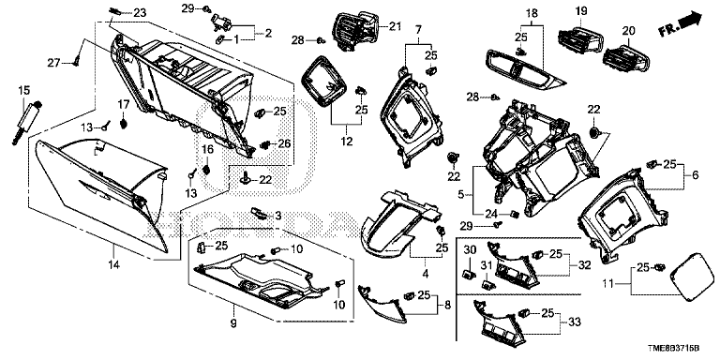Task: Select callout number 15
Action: pyautogui.click(x=25, y=89)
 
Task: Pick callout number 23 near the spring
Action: pyautogui.click(x=140, y=12)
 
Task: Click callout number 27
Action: pyautogui.click(x=54, y=62)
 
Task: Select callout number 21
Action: pyautogui.click(x=394, y=25)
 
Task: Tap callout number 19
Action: pyautogui.click(x=580, y=11)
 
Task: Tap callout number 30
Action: pyautogui.click(x=471, y=250)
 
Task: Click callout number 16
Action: pyautogui.click(x=209, y=149)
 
